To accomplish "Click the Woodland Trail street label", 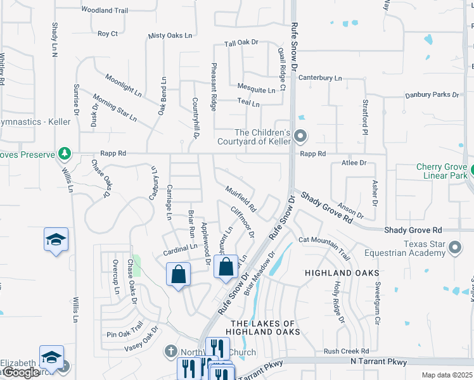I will click(x=105, y=11).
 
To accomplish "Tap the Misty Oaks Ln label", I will click(x=170, y=36).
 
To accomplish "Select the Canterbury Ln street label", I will click(x=320, y=78).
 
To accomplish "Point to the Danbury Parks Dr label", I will click(x=432, y=95).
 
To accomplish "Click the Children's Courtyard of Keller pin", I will click(x=301, y=136).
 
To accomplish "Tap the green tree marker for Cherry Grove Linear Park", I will click(x=473, y=170).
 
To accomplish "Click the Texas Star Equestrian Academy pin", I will click(x=454, y=248).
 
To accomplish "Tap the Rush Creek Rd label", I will click(x=346, y=351).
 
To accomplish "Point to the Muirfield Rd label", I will click(x=241, y=198).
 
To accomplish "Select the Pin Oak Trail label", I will click(x=125, y=333).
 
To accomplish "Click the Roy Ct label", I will click(x=108, y=34).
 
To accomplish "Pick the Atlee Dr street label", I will click(x=354, y=163).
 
